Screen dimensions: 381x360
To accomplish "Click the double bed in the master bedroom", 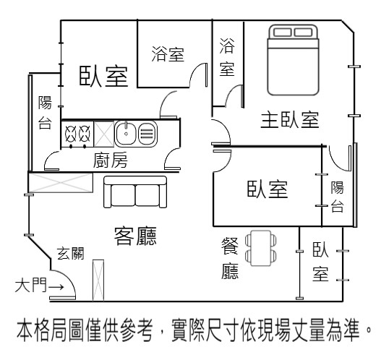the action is coord(293,60).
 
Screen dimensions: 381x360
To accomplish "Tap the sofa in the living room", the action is coord(135,192).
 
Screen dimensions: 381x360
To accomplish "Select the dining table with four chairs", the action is coord(261,248).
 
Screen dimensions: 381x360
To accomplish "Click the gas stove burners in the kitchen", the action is coord(77,134).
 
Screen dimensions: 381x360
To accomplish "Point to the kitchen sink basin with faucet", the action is coord(126,133).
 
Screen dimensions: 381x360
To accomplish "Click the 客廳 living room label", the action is coord(135,236).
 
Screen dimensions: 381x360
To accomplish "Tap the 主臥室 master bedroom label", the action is coord(290,120).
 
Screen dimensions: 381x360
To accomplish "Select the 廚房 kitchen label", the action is coord(111,160).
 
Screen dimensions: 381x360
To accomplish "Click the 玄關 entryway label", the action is coord(70,254).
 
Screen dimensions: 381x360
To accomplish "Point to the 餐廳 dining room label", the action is coord(230,259).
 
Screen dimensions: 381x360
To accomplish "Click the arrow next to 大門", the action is coord(56,287).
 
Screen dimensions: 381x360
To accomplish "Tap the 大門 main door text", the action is coord(30,286).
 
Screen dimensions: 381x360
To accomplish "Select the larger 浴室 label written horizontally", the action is coord(168,54).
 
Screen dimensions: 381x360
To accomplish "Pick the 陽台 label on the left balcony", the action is coord(45,112).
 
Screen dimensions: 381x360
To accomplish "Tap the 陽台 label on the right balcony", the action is coord(338,197).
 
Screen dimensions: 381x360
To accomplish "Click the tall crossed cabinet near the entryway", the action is coord(98,280).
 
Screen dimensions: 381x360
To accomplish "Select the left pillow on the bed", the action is coord(283,33).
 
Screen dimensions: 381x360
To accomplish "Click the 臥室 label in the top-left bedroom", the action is coord(104,77).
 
